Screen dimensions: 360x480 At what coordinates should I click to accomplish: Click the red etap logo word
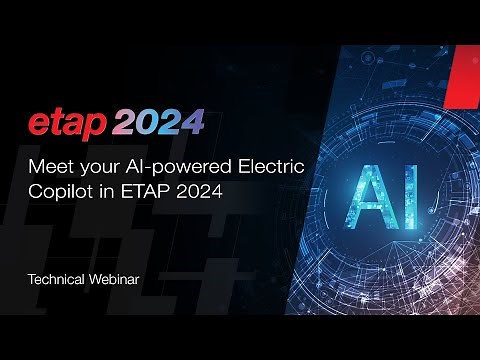click(x=65, y=124)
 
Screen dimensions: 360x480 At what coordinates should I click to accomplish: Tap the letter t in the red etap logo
click(x=56, y=123)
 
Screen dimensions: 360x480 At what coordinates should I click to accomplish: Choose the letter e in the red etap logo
click(x=39, y=125)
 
